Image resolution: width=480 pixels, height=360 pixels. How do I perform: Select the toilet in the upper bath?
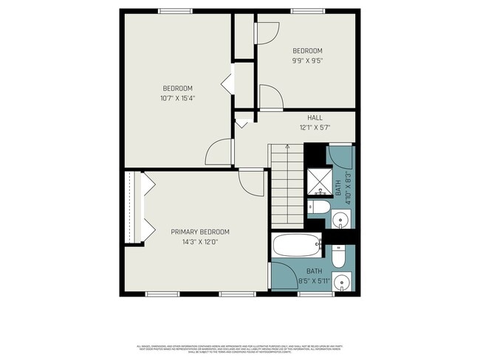(318, 206)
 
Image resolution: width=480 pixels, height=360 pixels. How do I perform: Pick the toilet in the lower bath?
(339, 257)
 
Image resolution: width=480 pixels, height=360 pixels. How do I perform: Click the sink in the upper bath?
(340, 218)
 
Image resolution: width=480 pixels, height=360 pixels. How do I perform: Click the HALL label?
(315, 117)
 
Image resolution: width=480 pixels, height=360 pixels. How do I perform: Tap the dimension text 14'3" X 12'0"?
(195, 240)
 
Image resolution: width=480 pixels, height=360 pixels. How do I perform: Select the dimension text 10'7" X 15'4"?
(177, 97)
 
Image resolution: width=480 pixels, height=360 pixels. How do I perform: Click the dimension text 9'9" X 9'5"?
(306, 61)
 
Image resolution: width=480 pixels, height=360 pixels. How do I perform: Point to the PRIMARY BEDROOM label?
(195, 231)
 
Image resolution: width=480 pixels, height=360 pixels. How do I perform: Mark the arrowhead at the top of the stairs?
(287, 147)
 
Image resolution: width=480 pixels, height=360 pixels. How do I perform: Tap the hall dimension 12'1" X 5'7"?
(315, 127)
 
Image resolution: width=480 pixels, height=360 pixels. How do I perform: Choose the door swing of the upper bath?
(342, 157)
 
